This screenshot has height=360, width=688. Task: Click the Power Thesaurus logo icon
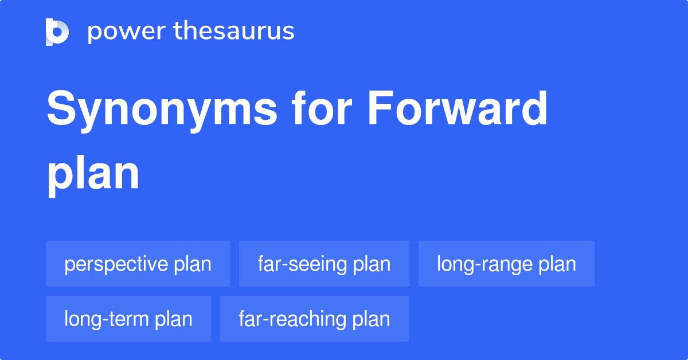pos(57,32)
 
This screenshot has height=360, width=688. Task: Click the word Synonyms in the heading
pos(161,110)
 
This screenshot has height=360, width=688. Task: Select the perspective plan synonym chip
pos(138,264)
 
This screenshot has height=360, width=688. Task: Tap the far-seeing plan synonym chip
pos(324,264)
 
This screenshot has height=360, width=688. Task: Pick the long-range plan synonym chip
pos(506,264)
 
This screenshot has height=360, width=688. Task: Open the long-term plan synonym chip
pos(128,319)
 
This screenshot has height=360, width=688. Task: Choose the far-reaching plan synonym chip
pos(314,319)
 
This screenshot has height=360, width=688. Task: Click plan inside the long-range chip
pos(557,264)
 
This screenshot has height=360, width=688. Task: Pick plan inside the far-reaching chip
pos(372,319)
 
